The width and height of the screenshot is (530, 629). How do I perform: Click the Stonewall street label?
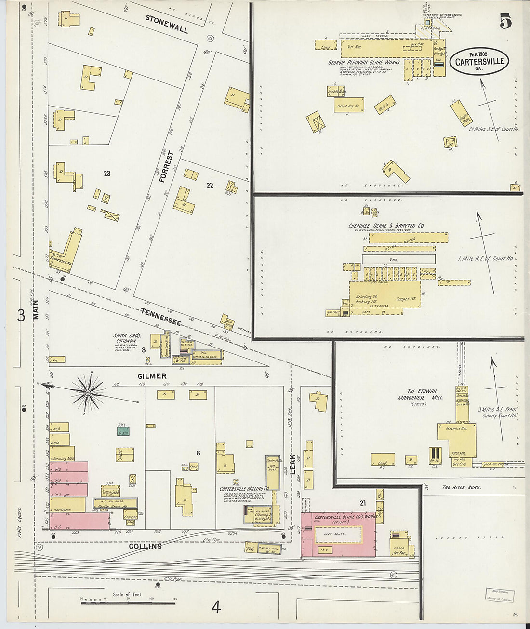(167, 24)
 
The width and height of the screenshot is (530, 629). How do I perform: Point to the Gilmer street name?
(152, 376)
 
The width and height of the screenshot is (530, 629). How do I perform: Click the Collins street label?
(145, 546)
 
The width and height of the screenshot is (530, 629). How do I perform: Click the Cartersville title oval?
(479, 61)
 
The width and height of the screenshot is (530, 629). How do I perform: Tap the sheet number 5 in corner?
(505, 22)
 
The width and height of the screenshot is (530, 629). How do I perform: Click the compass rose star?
(89, 393)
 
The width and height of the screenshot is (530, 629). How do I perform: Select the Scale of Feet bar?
(128, 602)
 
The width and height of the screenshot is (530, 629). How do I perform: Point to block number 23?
(107, 174)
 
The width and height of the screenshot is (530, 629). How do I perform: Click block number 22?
(210, 185)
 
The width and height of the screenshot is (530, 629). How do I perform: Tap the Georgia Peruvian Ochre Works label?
(364, 62)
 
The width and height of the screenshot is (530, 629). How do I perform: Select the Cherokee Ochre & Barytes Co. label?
(386, 226)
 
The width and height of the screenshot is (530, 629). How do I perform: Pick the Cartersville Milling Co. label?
(244, 489)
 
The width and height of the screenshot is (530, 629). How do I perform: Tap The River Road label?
(461, 487)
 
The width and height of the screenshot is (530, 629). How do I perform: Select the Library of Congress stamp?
(499, 595)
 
